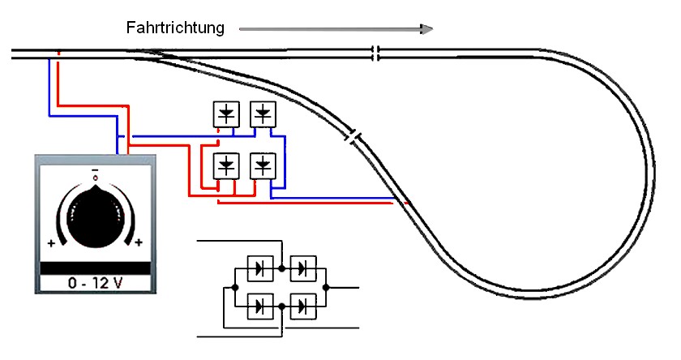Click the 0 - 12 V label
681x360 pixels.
[95, 284]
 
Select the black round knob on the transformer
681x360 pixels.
[95, 216]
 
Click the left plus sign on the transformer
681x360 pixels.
[51, 242]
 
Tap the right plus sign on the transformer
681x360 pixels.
[139, 242]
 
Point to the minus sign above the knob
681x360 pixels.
[95, 171]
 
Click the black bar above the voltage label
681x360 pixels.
[95, 268]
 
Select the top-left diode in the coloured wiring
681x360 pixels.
[225, 113]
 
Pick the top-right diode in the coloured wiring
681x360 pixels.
[263, 113]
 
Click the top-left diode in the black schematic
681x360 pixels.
[259, 267]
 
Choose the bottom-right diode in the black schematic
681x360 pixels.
[304, 306]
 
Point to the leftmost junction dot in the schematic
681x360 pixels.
[234, 287]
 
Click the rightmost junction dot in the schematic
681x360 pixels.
[328, 287]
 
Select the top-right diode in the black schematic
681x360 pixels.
[304, 267]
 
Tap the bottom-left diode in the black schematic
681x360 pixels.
[259, 306]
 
